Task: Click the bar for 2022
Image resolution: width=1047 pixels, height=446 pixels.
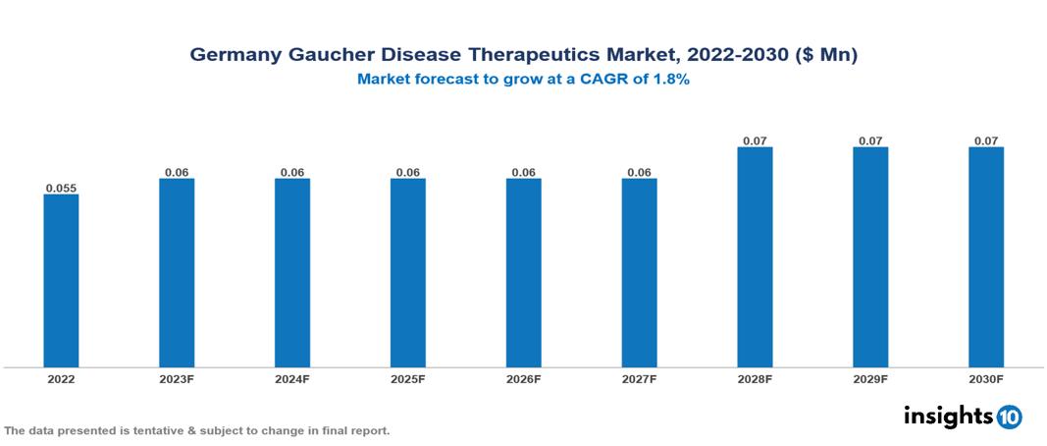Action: [61, 281]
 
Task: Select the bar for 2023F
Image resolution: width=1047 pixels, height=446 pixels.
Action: [177, 273]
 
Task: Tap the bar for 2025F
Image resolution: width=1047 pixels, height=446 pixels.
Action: [407, 273]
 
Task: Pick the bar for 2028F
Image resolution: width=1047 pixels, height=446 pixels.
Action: [755, 257]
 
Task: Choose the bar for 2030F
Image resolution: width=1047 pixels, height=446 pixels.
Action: [986, 257]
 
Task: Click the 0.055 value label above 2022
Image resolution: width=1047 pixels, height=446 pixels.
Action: [61, 187]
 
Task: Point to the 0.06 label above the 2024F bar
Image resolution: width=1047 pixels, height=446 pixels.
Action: [292, 172]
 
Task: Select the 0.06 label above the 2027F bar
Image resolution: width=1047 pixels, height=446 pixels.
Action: [639, 172]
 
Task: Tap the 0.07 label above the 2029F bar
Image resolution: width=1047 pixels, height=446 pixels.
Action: [870, 140]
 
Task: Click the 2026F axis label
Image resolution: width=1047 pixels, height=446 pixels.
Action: [523, 378]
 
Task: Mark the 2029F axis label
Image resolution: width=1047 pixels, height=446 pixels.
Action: [870, 378]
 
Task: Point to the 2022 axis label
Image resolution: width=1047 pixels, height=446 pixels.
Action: [61, 378]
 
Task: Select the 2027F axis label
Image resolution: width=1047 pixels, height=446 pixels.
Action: [639, 378]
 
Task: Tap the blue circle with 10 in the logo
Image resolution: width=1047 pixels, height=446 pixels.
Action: [1009, 417]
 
